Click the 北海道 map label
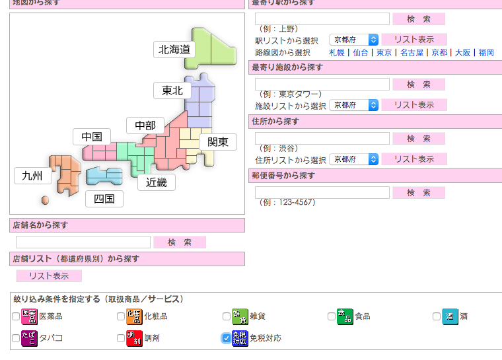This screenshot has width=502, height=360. click(175, 49)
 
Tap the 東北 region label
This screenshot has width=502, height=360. click(172, 90)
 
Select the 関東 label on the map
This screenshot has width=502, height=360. click(218, 142)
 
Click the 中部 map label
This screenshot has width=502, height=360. click(145, 126)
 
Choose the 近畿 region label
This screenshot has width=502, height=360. click(157, 182)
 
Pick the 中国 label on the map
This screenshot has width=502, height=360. click(92, 137)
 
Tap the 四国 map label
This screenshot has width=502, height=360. click(104, 198)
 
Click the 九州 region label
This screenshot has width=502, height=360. click(32, 176)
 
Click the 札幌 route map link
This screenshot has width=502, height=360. click(337, 53)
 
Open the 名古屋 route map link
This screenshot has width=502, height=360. click(412, 53)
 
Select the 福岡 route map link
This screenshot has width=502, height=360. click(486, 53)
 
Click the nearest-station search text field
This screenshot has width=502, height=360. click(322, 18)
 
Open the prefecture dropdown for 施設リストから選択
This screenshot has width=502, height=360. click(354, 105)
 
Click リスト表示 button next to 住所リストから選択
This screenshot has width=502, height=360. click(414, 159)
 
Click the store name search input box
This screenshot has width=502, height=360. click(83, 242)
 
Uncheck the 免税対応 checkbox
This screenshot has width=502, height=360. click(226, 338)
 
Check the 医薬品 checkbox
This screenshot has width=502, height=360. click(16, 316)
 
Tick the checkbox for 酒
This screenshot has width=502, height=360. click(437, 316)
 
